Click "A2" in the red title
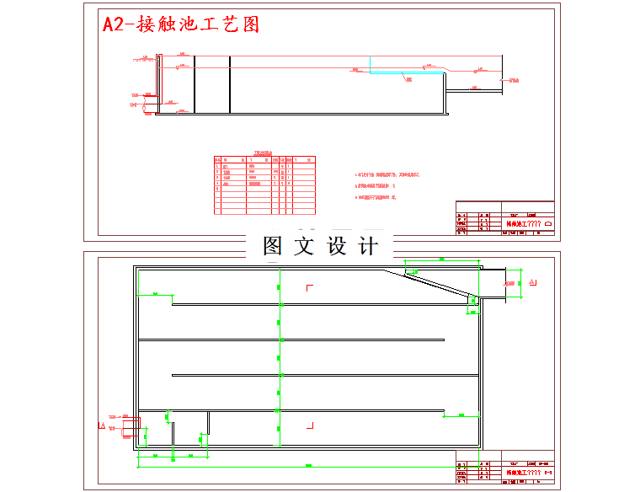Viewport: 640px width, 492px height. point(113,24)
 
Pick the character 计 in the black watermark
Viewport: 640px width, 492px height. point(368,246)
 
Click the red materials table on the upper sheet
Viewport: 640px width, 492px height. point(264,182)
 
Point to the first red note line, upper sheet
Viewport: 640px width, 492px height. point(388,175)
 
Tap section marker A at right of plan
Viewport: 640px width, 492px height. point(535,282)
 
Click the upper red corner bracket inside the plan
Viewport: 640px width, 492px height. point(309,288)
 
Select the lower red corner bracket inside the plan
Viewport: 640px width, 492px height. point(311,425)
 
